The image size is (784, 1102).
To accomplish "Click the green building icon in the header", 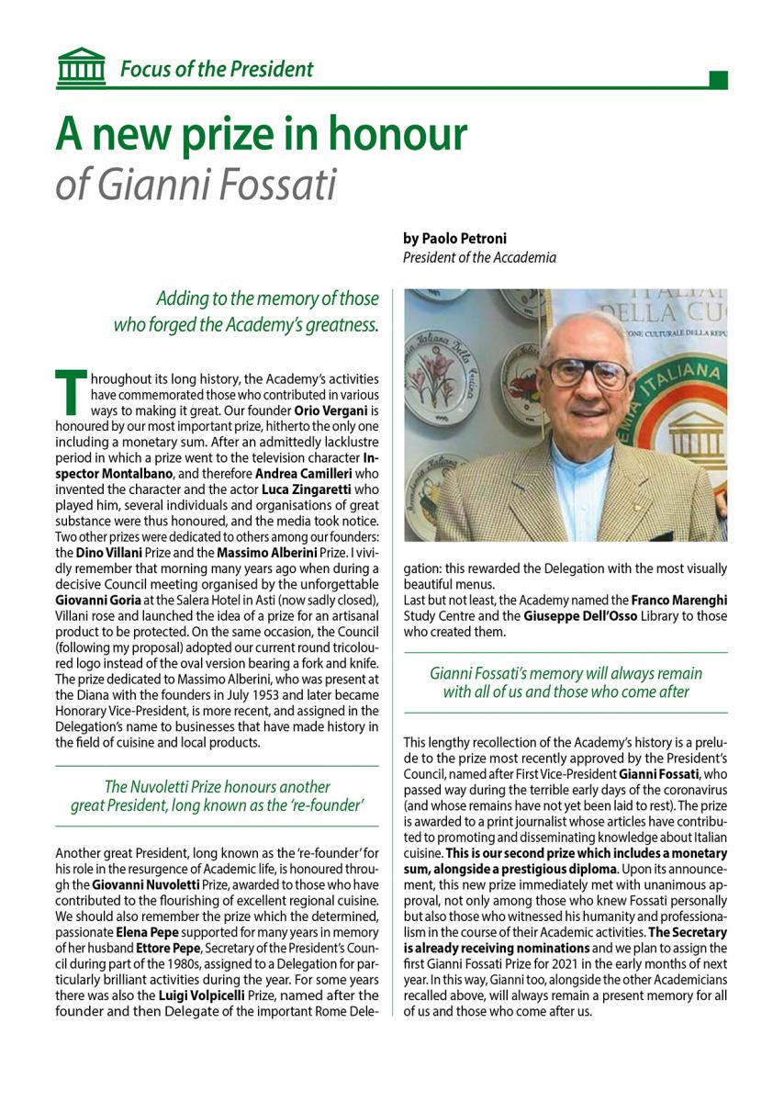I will pos(81,66).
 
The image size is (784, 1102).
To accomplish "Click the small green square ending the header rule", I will pos(719,78).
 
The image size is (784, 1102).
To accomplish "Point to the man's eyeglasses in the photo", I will pos(588,374).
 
